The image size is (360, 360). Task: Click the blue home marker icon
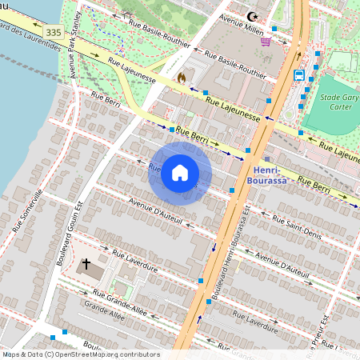pyautogui.click(x=180, y=173)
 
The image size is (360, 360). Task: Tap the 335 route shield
pyautogui.click(x=54, y=32)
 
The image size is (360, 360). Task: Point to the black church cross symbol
pyautogui.click(x=86, y=262)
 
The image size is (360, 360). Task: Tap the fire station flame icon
pyautogui.click(x=182, y=78)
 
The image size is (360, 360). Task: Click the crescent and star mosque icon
pyautogui.click(x=254, y=16)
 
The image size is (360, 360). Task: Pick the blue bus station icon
pyautogui.click(x=298, y=75)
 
